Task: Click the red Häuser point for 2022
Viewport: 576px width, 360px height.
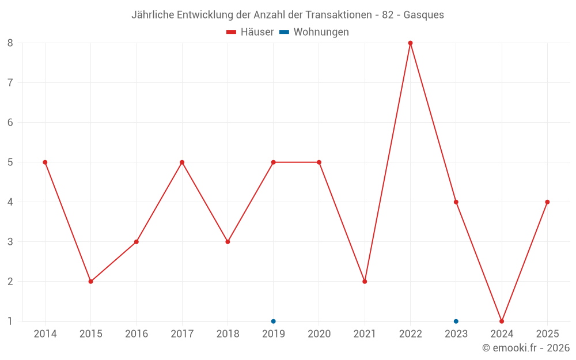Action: [410, 43]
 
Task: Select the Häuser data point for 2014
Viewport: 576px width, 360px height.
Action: [45, 162]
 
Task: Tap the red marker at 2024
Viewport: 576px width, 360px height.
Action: [502, 321]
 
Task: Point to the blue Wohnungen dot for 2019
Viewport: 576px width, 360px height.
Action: [274, 321]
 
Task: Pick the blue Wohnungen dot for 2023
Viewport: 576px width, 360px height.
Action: [456, 321]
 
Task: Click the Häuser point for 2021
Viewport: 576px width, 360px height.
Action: [365, 281]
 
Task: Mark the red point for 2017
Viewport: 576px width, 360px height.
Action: [182, 162]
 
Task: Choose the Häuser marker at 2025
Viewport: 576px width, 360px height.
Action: [547, 202]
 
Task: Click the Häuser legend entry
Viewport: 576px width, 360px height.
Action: [250, 32]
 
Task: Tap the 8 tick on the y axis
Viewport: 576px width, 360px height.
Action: [10, 43]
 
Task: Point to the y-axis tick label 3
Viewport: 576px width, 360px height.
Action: [10, 241]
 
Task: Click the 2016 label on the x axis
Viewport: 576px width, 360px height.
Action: [137, 334]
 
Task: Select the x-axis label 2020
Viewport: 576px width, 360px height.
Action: [319, 334]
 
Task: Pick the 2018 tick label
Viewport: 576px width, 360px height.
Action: [228, 334]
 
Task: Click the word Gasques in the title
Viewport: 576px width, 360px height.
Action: [424, 15]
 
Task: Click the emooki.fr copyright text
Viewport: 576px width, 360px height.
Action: [526, 348]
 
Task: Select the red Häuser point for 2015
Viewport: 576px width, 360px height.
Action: [90, 281]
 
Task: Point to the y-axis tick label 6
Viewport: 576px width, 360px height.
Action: [10, 122]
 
